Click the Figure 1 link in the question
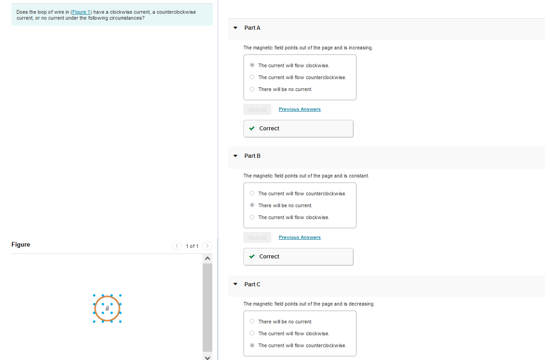81,12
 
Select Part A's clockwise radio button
252,65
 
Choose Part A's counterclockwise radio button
252,77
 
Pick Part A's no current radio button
252,89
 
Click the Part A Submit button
257,109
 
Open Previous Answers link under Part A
299,109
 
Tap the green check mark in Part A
252,129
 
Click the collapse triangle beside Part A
235,28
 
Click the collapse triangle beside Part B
235,156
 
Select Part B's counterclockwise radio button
252,193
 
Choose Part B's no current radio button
252,205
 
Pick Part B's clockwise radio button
252,217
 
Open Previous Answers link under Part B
299,237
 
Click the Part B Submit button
257,237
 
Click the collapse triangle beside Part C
235,284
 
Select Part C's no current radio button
252,322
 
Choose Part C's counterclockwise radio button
252,345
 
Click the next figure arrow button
207,246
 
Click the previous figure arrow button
177,246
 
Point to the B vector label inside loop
108,309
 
